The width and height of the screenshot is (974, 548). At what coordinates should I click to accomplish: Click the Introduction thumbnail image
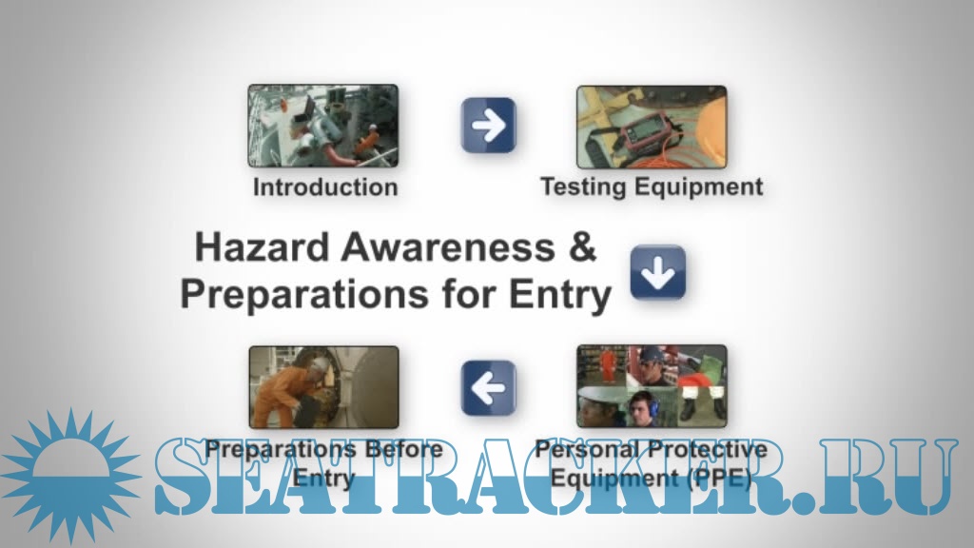click(323, 126)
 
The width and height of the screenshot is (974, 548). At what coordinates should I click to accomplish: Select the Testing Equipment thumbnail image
click(652, 127)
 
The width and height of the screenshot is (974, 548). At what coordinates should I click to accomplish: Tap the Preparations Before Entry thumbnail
click(323, 387)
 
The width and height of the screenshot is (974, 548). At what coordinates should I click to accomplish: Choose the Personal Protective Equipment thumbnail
click(652, 386)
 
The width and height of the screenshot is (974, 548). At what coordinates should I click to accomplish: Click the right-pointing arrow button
click(489, 125)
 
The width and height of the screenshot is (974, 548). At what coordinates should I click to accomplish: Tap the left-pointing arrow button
click(489, 388)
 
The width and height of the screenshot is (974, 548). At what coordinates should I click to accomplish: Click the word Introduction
click(325, 187)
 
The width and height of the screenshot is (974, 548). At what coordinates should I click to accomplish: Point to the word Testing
click(583, 187)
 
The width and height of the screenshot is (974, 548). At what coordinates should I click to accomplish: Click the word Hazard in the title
click(262, 246)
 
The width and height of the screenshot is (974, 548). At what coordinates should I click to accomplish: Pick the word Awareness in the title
click(448, 246)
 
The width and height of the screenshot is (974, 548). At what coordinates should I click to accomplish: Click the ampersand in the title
click(582, 246)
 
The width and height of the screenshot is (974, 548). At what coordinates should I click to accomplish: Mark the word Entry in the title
click(560, 295)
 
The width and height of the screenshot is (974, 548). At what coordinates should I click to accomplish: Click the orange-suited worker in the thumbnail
click(281, 391)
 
